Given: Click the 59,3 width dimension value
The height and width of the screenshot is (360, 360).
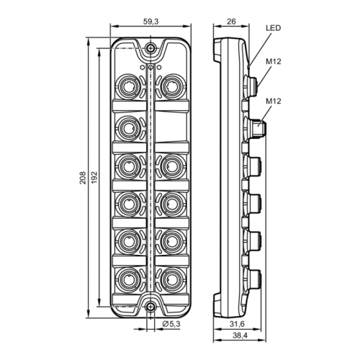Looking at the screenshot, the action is coord(151,22).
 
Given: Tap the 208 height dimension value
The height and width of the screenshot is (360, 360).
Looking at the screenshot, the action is coord(83,178).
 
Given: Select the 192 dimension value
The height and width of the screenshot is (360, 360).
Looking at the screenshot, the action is coord(94,178).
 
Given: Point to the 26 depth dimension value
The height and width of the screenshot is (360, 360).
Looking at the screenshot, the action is coord(231,22).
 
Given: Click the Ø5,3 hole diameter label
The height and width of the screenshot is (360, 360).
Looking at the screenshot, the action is coord(171,324).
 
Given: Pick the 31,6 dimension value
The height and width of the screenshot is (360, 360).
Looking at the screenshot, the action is coord(237,324).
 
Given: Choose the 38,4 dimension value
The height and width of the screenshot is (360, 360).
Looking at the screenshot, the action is coord(240,336).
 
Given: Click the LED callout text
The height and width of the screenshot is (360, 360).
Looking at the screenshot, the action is coord(273,28).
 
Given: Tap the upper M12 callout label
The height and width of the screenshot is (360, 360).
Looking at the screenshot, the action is coord(274,62).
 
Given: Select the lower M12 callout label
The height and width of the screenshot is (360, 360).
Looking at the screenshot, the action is coord(274,101).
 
